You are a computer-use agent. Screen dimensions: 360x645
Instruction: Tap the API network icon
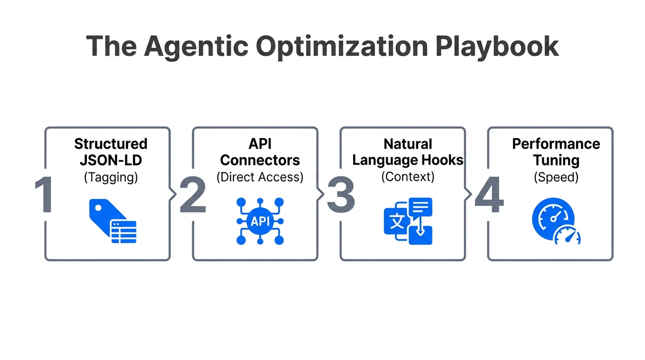click(x=260, y=221)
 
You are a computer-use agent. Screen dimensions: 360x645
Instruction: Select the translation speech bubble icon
click(x=408, y=221)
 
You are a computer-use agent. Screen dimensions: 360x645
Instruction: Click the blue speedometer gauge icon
click(x=556, y=221)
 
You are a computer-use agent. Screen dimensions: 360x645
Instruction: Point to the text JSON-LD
click(x=111, y=160)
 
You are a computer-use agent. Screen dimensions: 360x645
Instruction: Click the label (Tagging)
click(x=111, y=177)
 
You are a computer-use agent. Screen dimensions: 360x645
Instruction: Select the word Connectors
click(x=260, y=160)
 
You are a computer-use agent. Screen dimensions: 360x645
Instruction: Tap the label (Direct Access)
click(x=260, y=177)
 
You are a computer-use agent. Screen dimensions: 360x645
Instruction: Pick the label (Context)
click(x=408, y=177)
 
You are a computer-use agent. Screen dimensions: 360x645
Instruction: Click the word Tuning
click(x=556, y=160)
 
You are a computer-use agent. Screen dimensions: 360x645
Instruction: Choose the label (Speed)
click(x=556, y=177)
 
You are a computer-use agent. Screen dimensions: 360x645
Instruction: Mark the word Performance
click(x=556, y=143)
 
